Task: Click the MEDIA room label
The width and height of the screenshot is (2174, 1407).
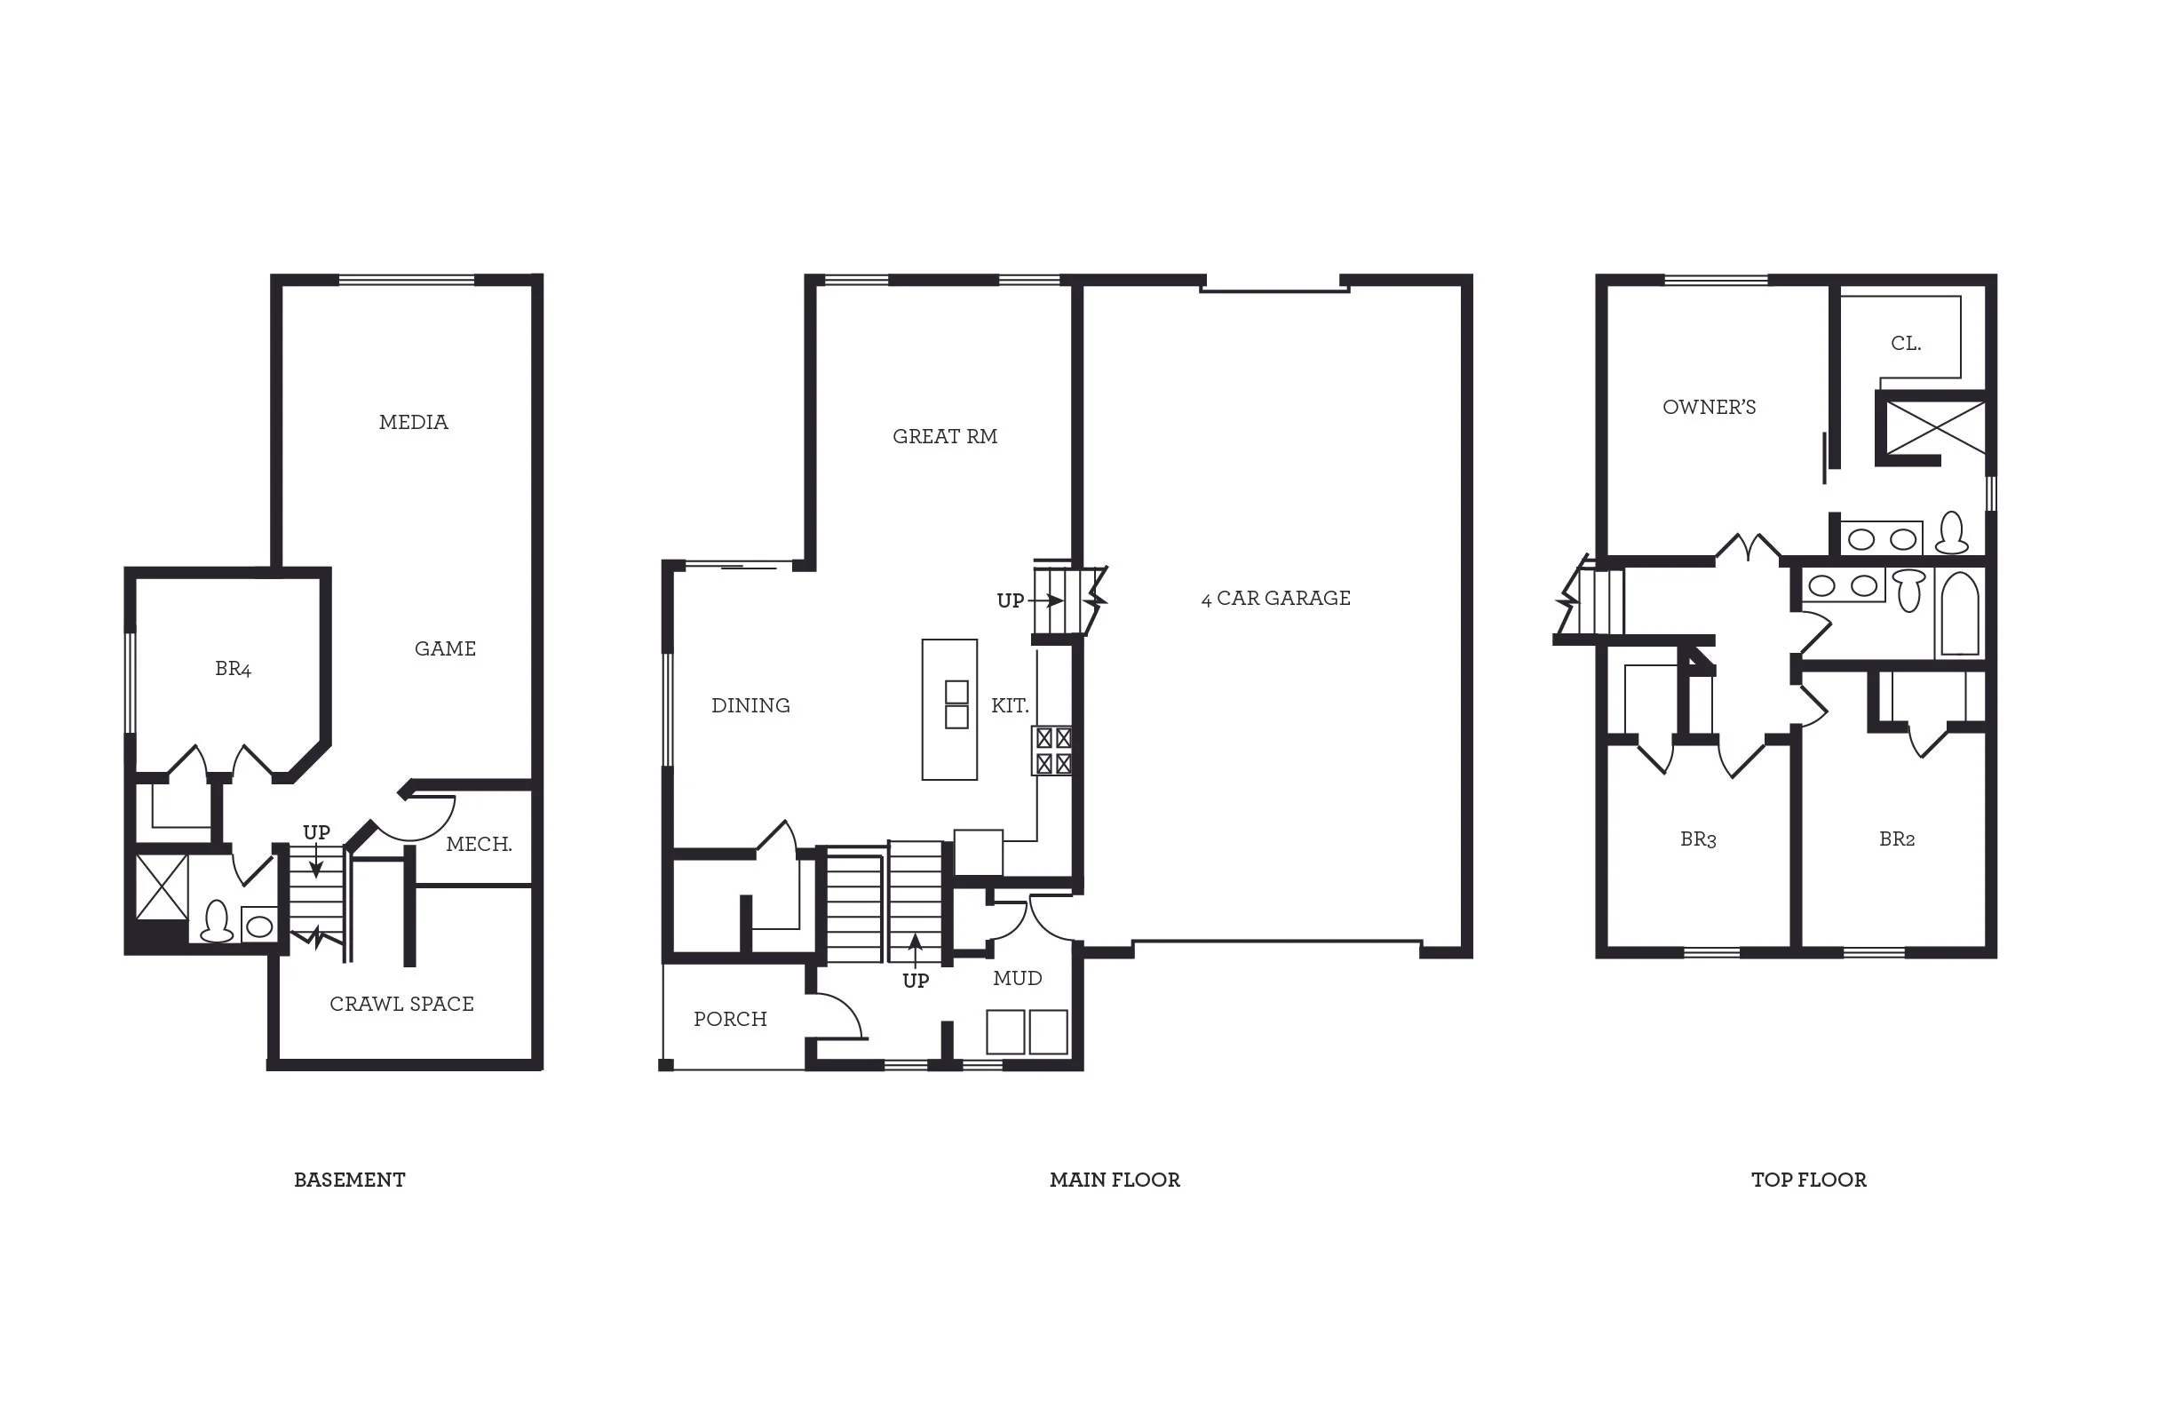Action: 413,422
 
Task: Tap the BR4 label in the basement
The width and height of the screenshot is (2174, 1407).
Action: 233,669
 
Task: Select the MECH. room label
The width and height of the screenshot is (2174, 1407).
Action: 479,844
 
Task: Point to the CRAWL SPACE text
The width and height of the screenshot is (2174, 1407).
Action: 402,1004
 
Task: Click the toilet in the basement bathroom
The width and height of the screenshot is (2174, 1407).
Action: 217,922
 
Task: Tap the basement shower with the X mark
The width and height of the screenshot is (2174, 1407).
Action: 162,886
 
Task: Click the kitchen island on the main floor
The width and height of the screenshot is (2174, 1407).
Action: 949,710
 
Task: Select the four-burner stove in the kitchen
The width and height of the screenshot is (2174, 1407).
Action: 1053,751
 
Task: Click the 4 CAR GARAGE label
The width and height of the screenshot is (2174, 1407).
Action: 1275,599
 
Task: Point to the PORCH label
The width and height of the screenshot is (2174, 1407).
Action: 730,1019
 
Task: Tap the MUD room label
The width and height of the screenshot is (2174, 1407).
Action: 1018,979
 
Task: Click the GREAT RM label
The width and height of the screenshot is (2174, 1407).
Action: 945,437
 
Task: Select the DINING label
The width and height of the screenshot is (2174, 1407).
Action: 750,705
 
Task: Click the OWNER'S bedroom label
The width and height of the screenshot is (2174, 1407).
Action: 1708,408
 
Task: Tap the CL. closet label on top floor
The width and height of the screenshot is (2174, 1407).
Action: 1906,344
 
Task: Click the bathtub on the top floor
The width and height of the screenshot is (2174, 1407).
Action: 1959,614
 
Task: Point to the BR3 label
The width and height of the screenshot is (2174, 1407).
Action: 1698,839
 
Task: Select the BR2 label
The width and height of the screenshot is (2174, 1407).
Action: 1896,839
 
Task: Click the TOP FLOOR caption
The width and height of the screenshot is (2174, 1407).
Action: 1808,1180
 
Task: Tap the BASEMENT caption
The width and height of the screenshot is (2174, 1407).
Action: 349,1180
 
